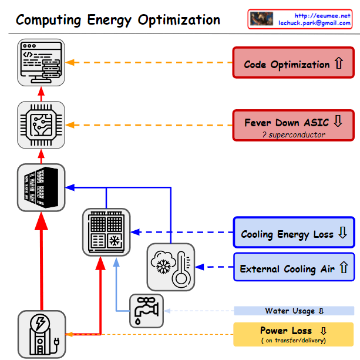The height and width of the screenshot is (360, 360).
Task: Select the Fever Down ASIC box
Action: pyautogui.click(x=293, y=125)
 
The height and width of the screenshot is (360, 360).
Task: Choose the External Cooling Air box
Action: pyautogui.click(x=293, y=268)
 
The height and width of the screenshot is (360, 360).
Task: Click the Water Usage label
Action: pyautogui.click(x=294, y=311)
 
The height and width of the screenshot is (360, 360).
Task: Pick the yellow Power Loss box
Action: pyautogui.click(x=293, y=334)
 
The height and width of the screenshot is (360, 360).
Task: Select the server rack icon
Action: pyautogui.click(x=41, y=187)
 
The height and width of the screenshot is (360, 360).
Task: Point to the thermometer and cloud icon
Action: pyautogui.click(x=170, y=267)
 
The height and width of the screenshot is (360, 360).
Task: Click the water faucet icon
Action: pyautogui.click(x=146, y=311)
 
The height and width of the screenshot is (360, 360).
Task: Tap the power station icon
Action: pyautogui.click(x=41, y=334)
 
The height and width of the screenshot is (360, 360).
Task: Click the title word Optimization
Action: pyautogui.click(x=179, y=21)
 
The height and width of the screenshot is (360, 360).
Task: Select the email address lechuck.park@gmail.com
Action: pyautogui.click(x=314, y=23)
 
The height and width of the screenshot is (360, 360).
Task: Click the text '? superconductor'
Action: pyautogui.click(x=294, y=134)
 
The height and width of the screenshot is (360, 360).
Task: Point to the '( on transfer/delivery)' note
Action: pyautogui.click(x=293, y=340)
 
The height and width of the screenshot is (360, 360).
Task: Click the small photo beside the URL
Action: pyautogui.click(x=261, y=19)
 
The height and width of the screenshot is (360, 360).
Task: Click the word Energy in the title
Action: pyautogui.click(x=107, y=21)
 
